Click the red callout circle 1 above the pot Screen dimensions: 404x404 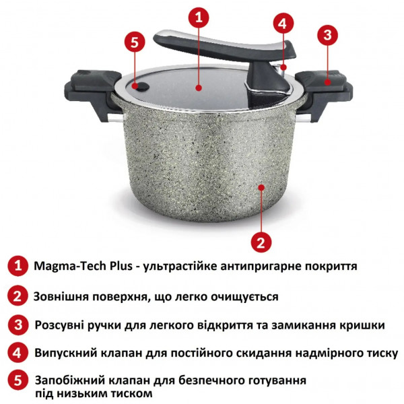point(197,18)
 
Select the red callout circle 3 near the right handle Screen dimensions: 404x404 point(327,34)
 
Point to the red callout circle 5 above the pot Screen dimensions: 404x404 point(135,42)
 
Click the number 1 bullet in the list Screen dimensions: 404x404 point(18,267)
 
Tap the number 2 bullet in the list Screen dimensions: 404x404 point(18,296)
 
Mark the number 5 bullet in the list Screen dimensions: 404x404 point(18,381)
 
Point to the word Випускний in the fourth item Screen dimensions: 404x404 point(65,353)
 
